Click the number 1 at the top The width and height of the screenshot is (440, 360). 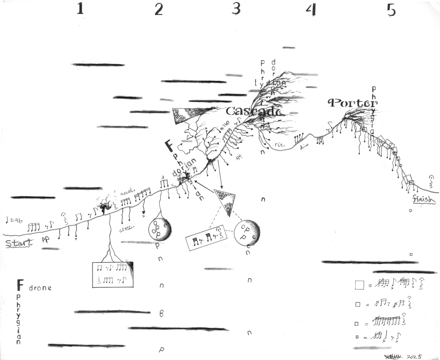pos(80,9)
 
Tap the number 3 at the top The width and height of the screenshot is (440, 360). pos(236,9)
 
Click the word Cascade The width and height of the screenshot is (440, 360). pos(254,111)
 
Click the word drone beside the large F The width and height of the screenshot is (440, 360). pos(40,288)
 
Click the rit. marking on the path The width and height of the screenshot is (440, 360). pos(280,144)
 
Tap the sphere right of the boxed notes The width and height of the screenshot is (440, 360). pos(247,233)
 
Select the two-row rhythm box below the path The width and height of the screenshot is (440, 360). pos(113,274)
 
